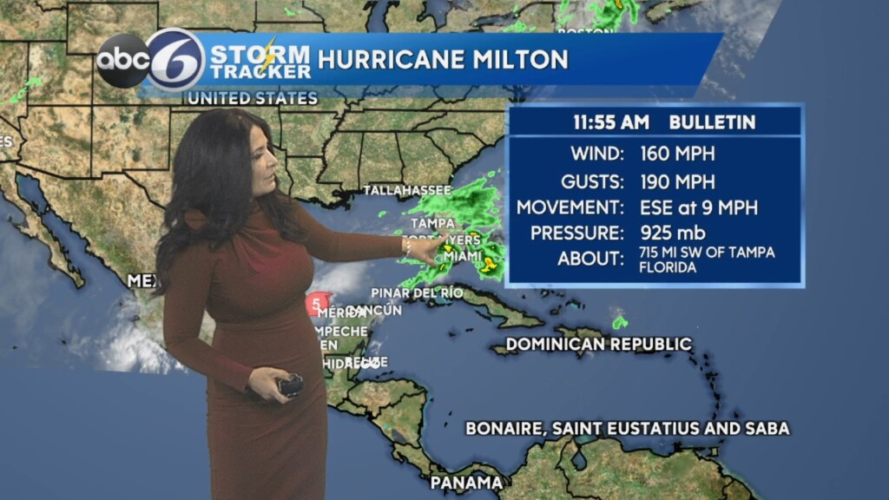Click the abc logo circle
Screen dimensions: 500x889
pyautogui.click(x=122, y=61)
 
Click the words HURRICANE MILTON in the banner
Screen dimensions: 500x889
pyautogui.click(x=443, y=59)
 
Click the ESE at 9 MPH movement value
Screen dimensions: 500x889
pyautogui.click(x=699, y=207)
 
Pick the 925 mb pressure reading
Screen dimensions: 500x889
pyautogui.click(x=673, y=233)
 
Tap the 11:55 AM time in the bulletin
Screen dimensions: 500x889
pyautogui.click(x=607, y=122)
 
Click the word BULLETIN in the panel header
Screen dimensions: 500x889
pyautogui.click(x=712, y=122)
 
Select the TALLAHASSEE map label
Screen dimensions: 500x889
pyautogui.click(x=406, y=190)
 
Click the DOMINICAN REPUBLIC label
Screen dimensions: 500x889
pyautogui.click(x=598, y=345)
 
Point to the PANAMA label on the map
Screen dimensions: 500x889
pyautogui.click(x=466, y=483)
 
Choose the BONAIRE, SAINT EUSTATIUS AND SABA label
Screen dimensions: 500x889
pyautogui.click(x=627, y=428)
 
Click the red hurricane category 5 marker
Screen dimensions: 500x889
pyautogui.click(x=316, y=304)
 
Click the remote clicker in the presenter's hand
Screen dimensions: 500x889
pyautogui.click(x=289, y=385)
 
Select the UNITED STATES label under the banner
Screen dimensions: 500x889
pyautogui.click(x=252, y=98)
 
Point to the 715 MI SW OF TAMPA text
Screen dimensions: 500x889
pyautogui.click(x=707, y=252)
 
